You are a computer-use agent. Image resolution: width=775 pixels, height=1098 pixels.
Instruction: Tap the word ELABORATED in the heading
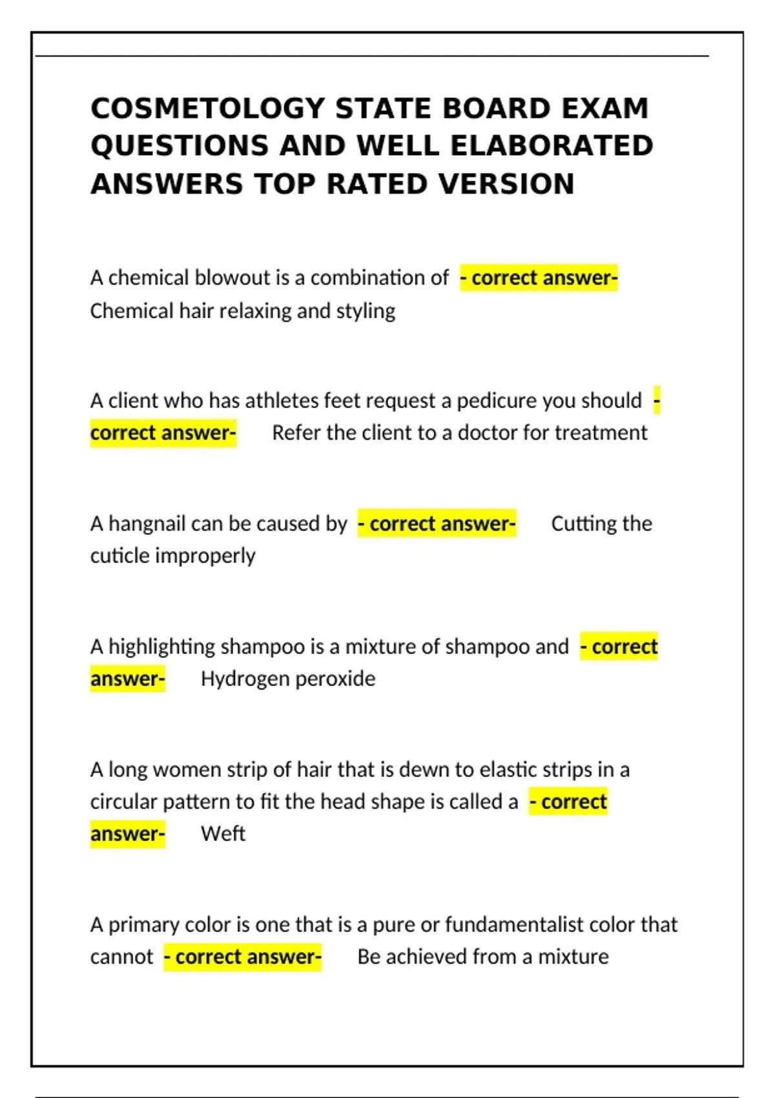552,146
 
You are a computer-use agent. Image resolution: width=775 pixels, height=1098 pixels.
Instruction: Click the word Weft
223,834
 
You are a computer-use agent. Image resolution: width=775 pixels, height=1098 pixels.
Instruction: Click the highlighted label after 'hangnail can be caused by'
437,523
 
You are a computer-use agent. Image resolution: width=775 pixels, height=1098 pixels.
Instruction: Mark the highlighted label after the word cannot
242,957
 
